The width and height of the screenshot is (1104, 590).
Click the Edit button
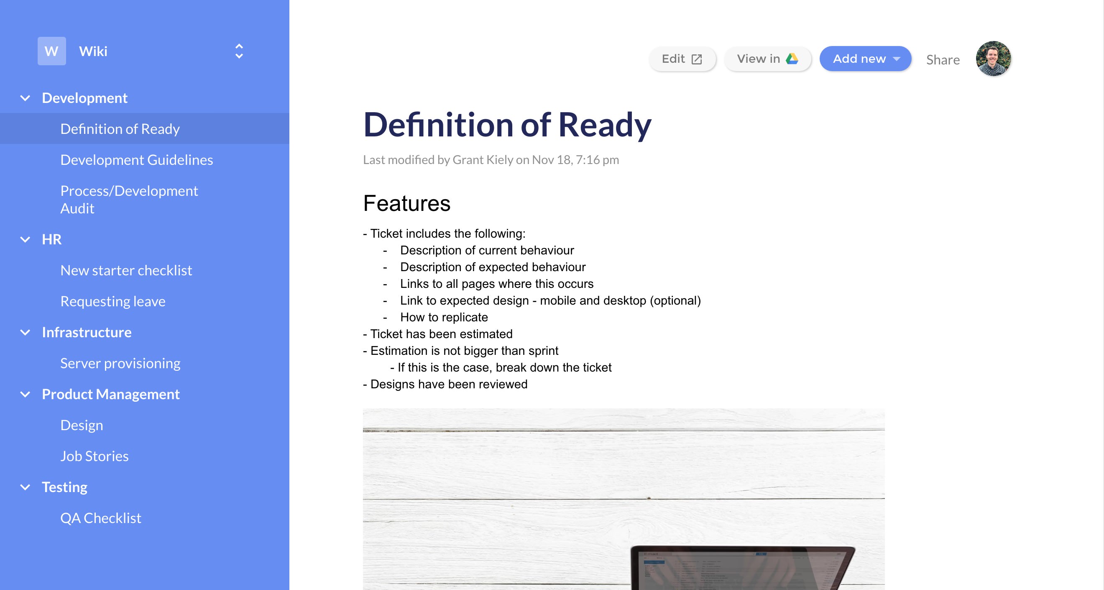click(682, 59)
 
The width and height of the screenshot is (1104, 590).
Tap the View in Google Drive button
click(767, 59)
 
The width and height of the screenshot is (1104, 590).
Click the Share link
click(943, 59)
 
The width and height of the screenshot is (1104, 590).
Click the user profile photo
click(993, 59)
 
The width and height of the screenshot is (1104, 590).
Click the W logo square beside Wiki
click(51, 51)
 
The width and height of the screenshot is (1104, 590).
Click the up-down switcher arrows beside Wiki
click(239, 51)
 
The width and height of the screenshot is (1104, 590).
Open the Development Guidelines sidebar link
click(136, 160)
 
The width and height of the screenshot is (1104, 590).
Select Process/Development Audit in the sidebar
click(128, 199)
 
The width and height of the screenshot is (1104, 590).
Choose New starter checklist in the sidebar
click(126, 271)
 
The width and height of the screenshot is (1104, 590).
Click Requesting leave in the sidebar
click(113, 301)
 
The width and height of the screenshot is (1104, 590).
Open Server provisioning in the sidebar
click(120, 363)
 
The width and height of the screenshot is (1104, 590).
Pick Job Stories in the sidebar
click(94, 456)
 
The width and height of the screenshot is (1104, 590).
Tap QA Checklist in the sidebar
click(101, 518)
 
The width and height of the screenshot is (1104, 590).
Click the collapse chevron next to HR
click(25, 239)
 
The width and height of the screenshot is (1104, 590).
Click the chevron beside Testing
click(25, 487)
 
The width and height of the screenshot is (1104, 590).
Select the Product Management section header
click(110, 394)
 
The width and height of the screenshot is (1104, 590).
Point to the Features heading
click(407, 203)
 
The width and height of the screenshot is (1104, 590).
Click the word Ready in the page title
click(604, 125)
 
